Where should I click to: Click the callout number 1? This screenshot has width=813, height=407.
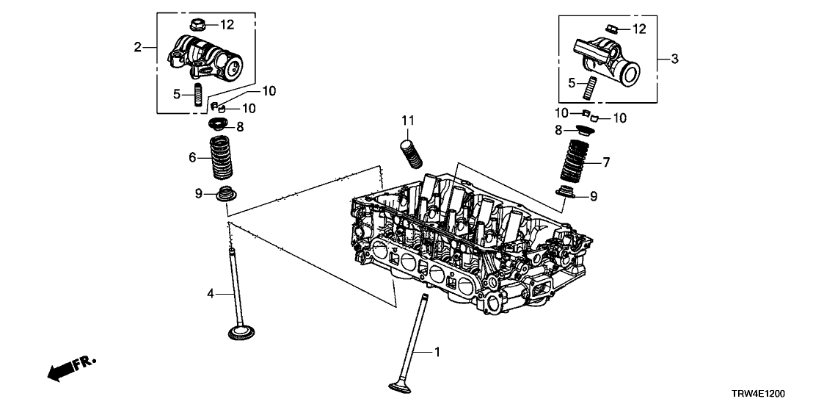click(437, 353)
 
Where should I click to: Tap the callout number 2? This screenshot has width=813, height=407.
click(137, 48)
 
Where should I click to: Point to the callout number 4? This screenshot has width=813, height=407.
click(210, 294)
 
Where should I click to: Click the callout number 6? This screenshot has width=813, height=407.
click(193, 157)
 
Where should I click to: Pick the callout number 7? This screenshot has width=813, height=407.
click(605, 161)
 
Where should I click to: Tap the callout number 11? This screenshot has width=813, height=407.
click(408, 120)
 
